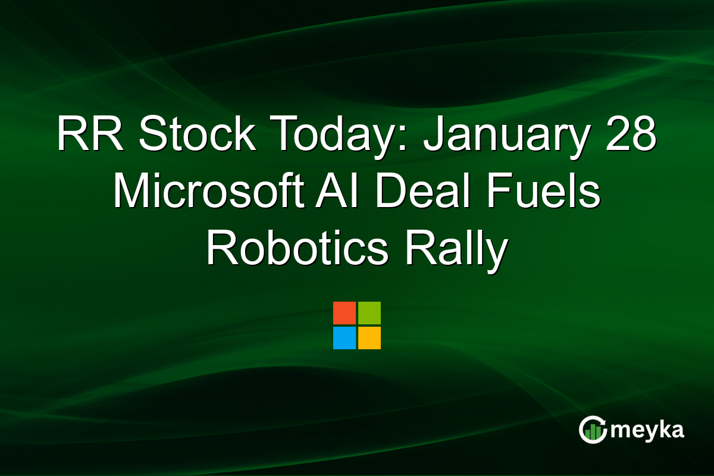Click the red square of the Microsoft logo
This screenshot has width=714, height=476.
pyautogui.click(x=345, y=313)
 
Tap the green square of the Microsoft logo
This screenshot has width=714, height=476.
pyautogui.click(x=369, y=313)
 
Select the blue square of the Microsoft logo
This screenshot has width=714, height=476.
pyautogui.click(x=345, y=338)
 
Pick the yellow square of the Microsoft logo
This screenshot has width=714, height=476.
pyautogui.click(x=369, y=338)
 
